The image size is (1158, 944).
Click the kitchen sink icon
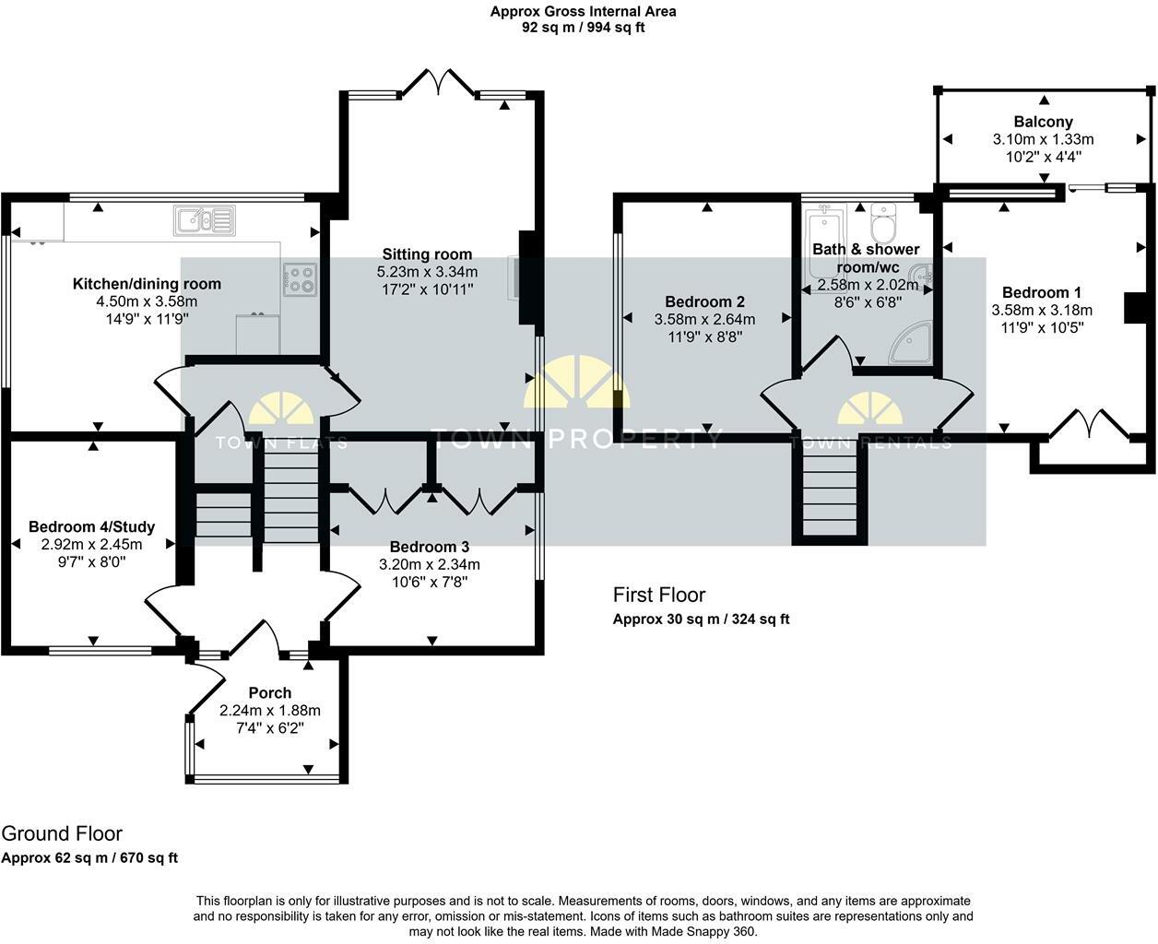[205, 220]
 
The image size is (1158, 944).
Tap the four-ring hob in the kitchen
[300, 279]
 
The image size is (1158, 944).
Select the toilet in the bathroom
[883, 223]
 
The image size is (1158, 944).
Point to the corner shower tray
[911, 343]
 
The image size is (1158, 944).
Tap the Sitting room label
[427, 254]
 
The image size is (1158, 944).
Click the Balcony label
[1044, 122]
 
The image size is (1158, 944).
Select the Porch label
[269, 692]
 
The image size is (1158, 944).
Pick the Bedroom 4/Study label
[91, 526]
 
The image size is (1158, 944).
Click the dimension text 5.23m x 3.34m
[427, 272]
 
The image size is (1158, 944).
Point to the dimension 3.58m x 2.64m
[704, 319]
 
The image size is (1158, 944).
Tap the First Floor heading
[659, 595]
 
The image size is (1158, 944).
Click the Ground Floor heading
[62, 833]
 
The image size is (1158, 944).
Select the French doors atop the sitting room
[438, 82]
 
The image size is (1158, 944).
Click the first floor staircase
[830, 490]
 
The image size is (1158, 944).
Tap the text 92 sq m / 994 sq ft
[583, 28]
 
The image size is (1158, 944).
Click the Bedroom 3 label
[430, 547]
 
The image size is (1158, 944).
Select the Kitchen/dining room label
[148, 284]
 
